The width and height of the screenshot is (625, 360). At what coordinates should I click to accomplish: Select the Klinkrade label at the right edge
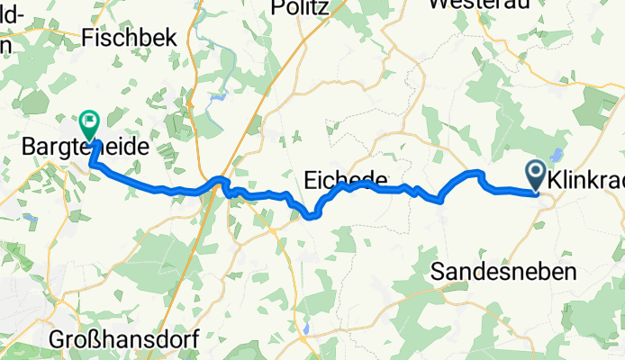point(591,177)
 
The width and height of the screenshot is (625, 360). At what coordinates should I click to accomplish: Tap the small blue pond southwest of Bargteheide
point(30,219)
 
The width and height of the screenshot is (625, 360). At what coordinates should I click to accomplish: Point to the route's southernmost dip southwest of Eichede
point(312,215)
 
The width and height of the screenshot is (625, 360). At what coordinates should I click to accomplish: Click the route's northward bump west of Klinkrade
point(476,172)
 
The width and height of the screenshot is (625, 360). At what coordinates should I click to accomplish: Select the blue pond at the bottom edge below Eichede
point(307,329)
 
